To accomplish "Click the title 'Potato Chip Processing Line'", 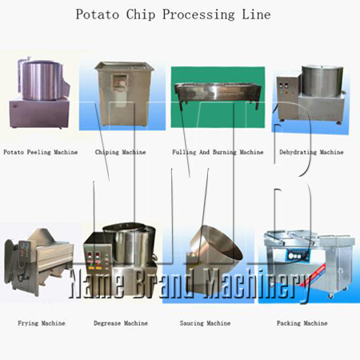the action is click(173, 14).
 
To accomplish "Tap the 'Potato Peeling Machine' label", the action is click(41, 152).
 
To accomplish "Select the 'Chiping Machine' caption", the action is click(121, 152).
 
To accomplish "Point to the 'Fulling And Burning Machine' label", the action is click(218, 152).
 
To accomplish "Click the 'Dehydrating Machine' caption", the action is click(311, 152).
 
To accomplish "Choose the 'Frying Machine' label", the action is click(42, 323).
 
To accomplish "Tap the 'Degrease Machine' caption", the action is click(121, 323).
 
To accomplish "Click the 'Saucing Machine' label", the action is click(205, 323).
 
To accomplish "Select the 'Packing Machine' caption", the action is click(302, 323).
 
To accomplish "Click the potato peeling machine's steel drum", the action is click(42, 79).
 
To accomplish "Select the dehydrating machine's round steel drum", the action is click(322, 81).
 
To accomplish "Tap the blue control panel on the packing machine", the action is click(298, 256).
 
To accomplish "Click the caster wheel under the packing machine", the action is click(331, 295).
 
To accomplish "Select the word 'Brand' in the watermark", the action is click(163, 283).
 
